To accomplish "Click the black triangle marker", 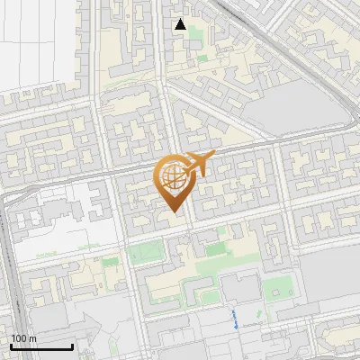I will [x=180, y=24].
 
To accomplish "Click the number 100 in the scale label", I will [x=19, y=338].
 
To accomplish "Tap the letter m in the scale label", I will [x=32, y=338].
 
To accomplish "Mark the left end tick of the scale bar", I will [x=10, y=346].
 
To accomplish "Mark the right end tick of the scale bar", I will [x=72, y=346].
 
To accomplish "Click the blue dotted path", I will [x=236, y=318].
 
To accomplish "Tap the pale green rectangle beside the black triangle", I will [x=202, y=58].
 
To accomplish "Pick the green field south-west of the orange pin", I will [x=144, y=255].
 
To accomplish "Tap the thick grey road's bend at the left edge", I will [x=7, y=200].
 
